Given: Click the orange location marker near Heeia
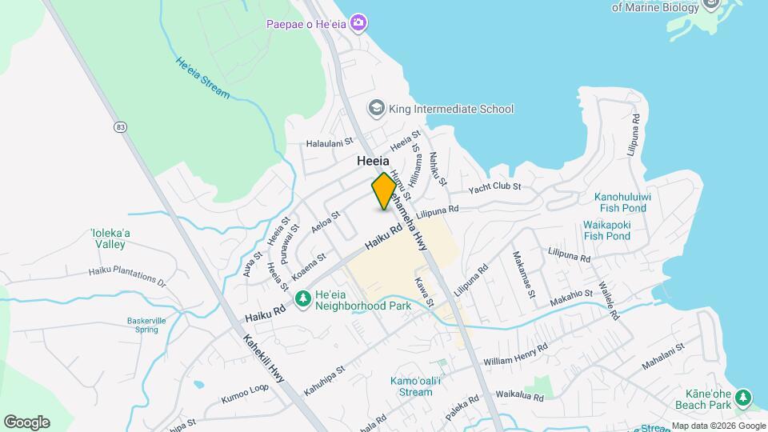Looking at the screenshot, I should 384,190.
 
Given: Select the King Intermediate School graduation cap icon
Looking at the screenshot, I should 375,108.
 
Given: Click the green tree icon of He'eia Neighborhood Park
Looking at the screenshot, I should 303,298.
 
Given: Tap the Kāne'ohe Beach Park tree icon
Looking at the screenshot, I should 743,398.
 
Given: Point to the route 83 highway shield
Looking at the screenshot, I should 120,126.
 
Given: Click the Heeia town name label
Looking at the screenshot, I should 374,161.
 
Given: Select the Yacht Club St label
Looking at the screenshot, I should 495,186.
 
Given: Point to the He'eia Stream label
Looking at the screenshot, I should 202,78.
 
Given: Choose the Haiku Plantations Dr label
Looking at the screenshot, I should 127,276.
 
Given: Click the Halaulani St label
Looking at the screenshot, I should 330,144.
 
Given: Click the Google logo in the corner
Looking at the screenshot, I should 26,422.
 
